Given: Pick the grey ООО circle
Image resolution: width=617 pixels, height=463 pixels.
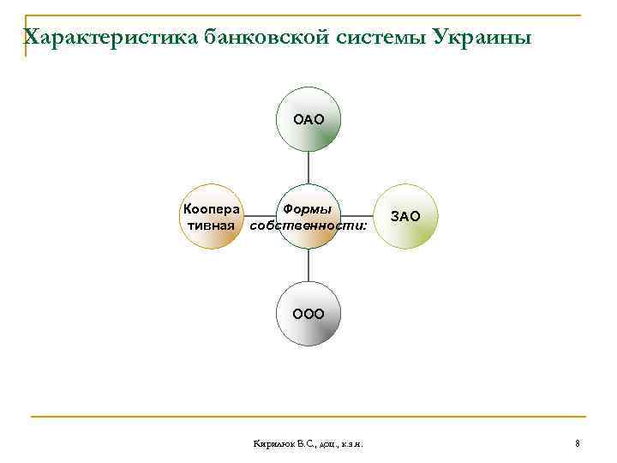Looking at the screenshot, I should [308, 313].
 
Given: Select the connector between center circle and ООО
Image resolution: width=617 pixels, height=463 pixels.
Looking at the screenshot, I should [308, 265].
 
